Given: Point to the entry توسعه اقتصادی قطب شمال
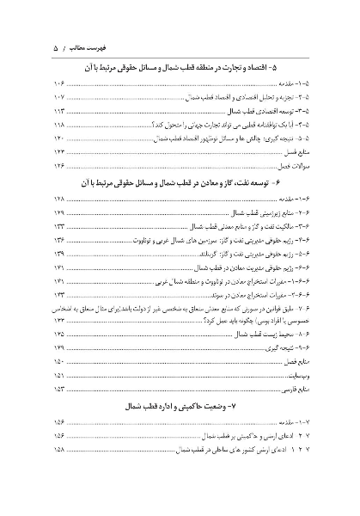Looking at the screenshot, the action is pyautogui.click(x=262, y=112).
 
